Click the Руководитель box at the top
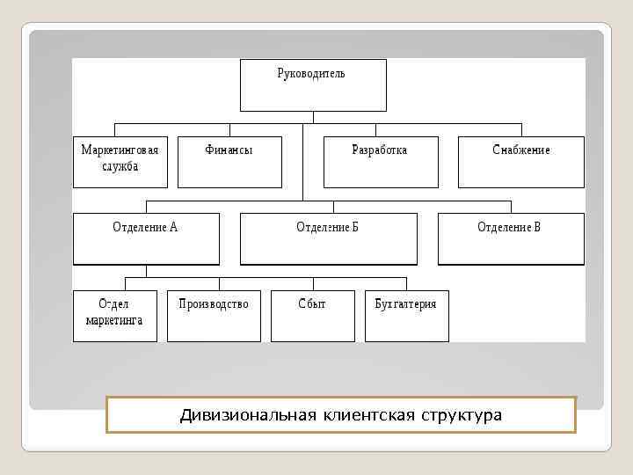tap(312, 84)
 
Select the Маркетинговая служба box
tap(120, 162)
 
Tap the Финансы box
tap(229, 162)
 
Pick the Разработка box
tap(380, 162)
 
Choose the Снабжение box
tap(520, 162)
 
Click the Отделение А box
tap(145, 238)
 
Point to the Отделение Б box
tap(327, 238)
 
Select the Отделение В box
tap(510, 238)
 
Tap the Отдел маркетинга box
tap(114, 315)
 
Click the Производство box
tap(214, 315)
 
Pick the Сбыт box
tap(312, 315)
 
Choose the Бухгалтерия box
tap(405, 315)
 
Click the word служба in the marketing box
tap(120, 166)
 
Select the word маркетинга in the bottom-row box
tap(114, 321)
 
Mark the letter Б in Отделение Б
tap(354, 227)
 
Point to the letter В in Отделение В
tap(536, 227)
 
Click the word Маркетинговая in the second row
tap(120, 150)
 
